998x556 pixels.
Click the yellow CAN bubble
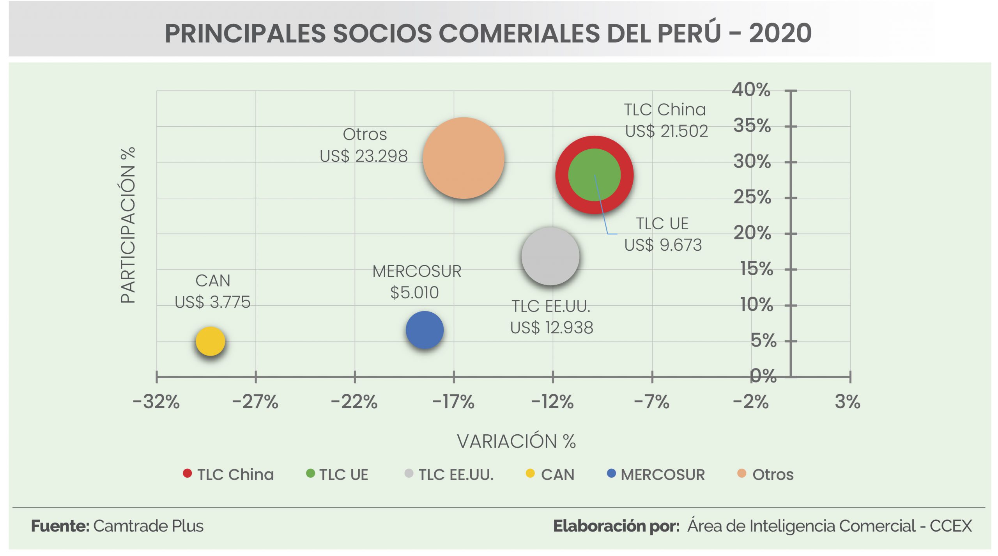tap(210, 341)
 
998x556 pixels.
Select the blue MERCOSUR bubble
tap(425, 330)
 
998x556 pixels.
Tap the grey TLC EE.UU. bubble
tap(550, 256)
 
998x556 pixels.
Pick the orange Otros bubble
tap(464, 158)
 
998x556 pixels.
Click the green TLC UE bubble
tap(594, 175)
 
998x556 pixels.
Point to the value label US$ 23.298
tap(363, 156)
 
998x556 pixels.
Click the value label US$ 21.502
tap(666, 131)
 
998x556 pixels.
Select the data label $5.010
tap(414, 292)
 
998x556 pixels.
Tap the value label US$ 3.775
tap(212, 302)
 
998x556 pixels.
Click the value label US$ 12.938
tap(552, 328)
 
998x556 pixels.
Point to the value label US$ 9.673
tap(663, 245)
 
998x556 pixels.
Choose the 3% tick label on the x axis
tap(847, 402)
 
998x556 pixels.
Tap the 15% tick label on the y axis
tap(756, 269)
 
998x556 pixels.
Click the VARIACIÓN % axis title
tap(516, 441)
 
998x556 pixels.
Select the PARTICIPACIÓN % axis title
tap(128, 225)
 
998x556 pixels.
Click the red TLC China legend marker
tap(187, 473)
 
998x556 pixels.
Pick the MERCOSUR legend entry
tap(662, 475)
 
